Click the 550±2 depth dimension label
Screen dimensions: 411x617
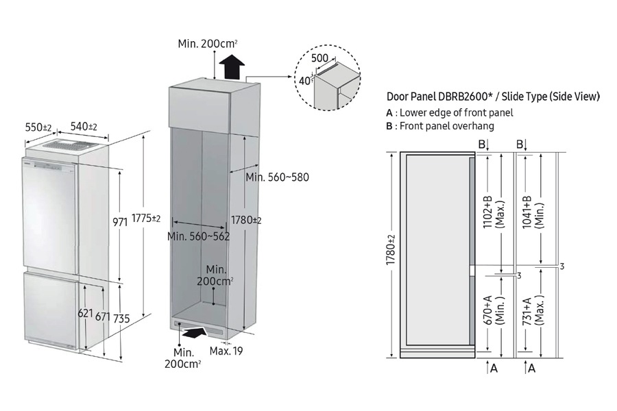38,127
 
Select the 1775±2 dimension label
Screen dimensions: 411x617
147,219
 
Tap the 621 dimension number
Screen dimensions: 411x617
86,314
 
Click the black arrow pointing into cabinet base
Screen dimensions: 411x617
193,333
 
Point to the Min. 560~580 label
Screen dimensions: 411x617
277,177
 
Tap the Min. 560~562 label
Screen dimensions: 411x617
199,236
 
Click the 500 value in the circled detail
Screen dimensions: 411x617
319,58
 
